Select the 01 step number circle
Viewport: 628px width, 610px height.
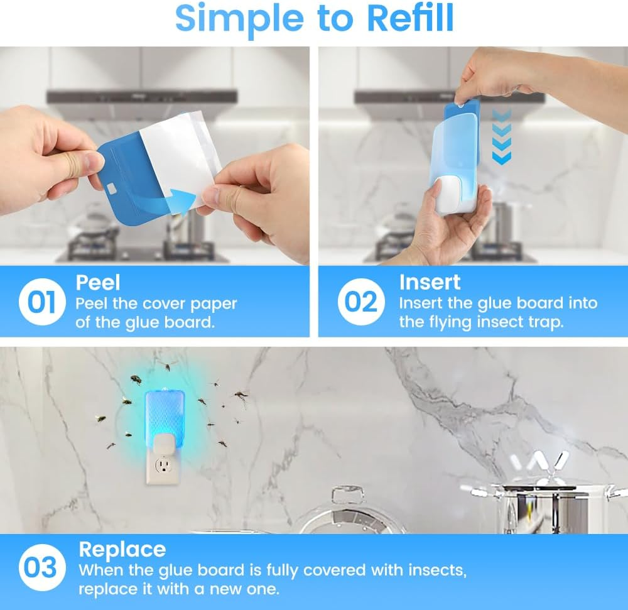(x=41, y=302)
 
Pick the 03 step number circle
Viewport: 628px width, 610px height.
(x=41, y=569)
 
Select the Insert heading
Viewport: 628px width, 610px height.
(x=430, y=283)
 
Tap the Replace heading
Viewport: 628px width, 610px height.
(x=122, y=550)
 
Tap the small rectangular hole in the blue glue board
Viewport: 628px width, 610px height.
(x=112, y=187)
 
